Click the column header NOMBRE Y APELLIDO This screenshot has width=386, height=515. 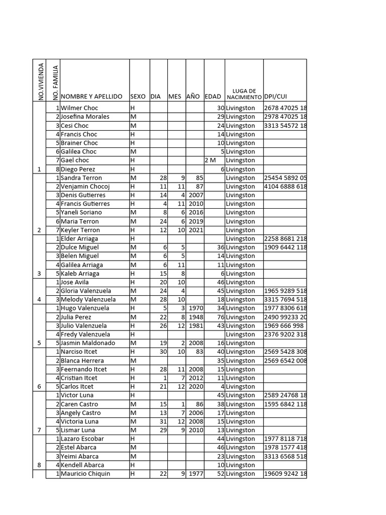pos(91,96)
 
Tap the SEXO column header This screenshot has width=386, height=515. pos(138,96)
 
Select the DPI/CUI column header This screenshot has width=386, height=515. pos(275,96)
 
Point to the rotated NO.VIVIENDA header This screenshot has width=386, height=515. pos(41,81)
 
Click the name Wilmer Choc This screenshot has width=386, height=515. pos(79,108)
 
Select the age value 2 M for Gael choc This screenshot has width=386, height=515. pos(210,160)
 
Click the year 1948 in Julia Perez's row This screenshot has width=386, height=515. pos(195,317)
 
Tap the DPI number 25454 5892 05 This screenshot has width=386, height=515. pos(285,178)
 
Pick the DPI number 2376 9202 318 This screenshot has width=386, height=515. pos(285,334)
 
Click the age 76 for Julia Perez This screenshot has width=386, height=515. pos(220,317)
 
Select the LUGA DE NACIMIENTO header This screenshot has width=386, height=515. pos(244,94)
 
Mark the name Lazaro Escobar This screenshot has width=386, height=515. pos(82,439)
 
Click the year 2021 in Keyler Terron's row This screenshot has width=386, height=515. pos(195,230)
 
